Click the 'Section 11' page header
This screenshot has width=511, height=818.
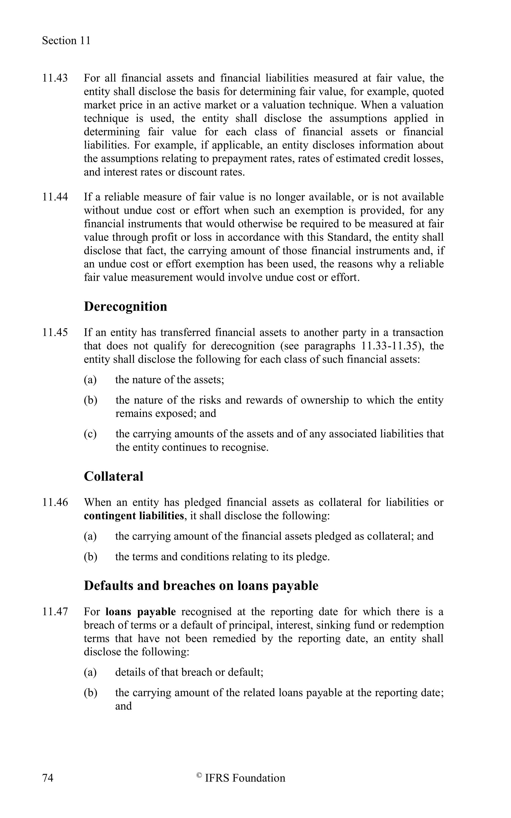click(x=66, y=41)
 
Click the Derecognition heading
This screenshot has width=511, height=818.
click(x=126, y=306)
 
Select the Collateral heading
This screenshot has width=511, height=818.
click(x=114, y=476)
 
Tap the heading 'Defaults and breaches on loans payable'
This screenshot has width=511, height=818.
click(x=201, y=585)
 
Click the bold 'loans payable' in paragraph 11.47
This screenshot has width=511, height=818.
click(x=140, y=612)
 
